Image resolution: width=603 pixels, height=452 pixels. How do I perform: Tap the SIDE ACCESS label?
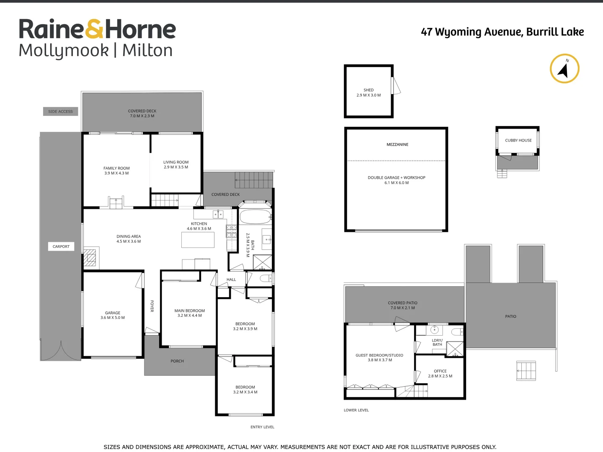[x=60, y=112]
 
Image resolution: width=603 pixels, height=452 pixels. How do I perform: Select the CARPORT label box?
[x=61, y=247]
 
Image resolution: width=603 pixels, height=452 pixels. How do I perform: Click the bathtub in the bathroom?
[x=255, y=216]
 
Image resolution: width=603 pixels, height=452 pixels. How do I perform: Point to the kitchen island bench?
[x=198, y=240]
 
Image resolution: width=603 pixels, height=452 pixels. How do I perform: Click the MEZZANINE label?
[x=397, y=144]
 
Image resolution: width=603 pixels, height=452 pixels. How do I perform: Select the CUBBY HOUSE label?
[x=518, y=141]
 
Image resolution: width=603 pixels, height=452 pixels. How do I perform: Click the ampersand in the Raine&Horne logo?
[x=94, y=29]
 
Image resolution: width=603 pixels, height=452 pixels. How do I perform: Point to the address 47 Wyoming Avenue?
[x=502, y=32]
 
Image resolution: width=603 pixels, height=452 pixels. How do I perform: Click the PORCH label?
[x=177, y=361]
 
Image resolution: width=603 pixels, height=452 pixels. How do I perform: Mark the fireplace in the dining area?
[x=90, y=258]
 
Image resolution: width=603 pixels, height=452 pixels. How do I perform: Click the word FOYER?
[x=152, y=306]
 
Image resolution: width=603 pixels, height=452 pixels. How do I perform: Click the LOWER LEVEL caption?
[x=356, y=410]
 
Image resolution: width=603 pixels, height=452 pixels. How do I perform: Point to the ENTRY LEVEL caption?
[x=262, y=427]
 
